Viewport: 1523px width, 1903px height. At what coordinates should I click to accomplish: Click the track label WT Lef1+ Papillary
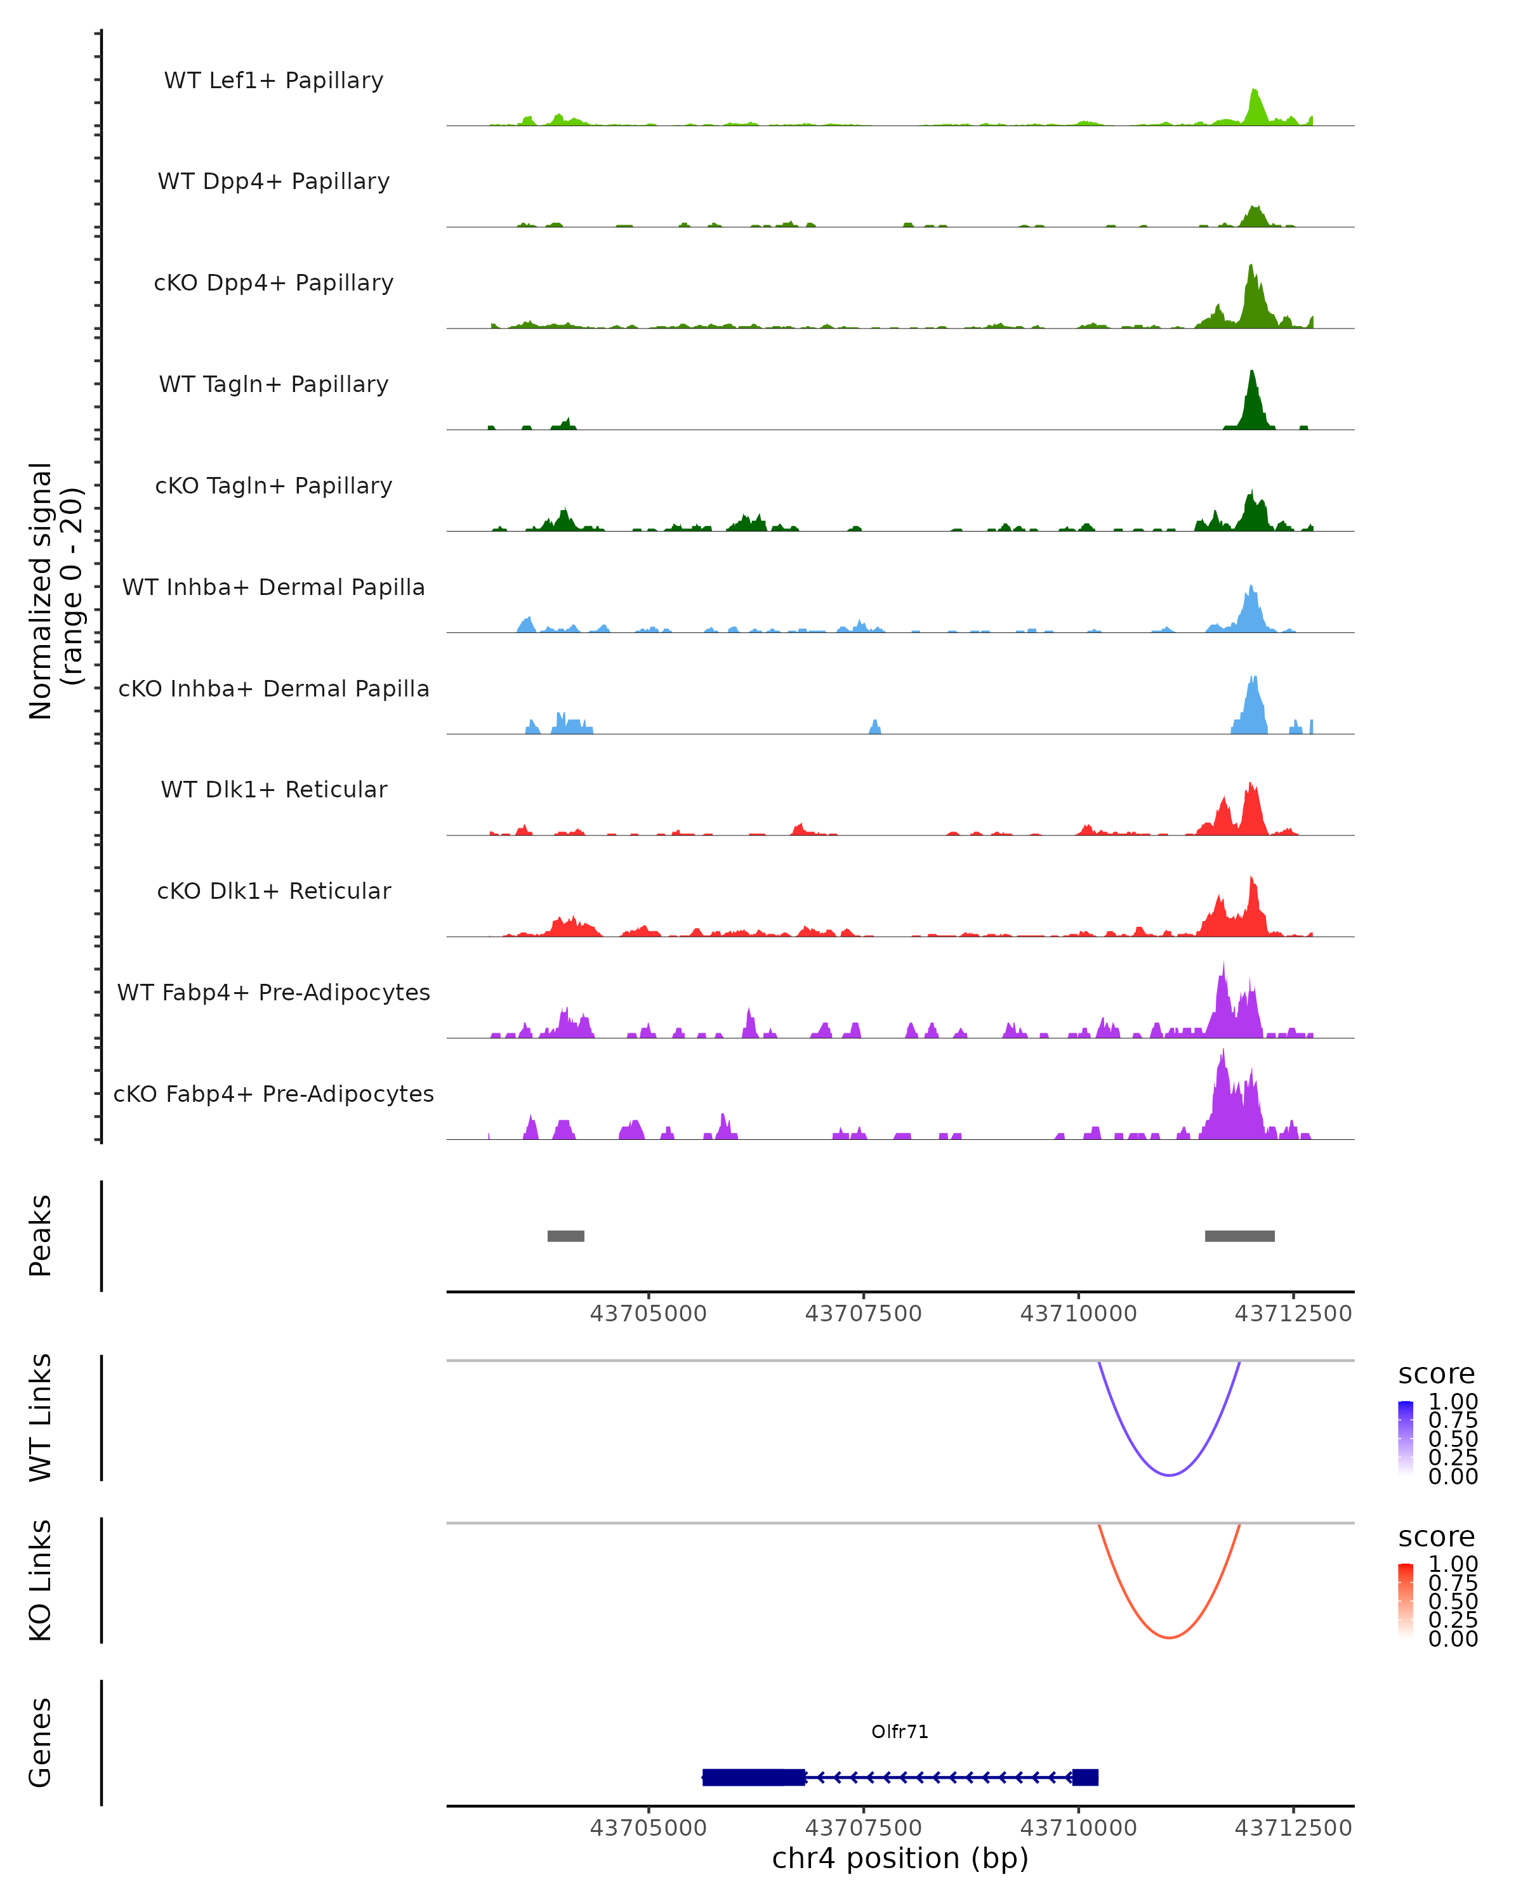click(x=274, y=81)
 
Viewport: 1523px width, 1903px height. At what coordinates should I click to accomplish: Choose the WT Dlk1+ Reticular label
click(x=274, y=790)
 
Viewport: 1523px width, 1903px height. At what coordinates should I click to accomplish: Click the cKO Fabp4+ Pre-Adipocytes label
click(x=274, y=1094)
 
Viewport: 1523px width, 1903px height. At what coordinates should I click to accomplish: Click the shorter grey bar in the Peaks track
click(x=566, y=1236)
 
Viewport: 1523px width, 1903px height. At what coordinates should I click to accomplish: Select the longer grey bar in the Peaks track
click(x=1239, y=1236)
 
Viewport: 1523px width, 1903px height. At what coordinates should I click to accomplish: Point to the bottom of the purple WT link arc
click(x=1169, y=1475)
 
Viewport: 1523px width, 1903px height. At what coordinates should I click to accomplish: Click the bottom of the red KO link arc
click(x=1169, y=1637)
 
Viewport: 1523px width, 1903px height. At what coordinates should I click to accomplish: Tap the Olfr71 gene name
click(x=900, y=1732)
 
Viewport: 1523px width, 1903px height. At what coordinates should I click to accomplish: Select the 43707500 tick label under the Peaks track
click(x=862, y=1314)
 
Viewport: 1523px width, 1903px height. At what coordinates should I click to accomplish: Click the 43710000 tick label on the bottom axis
click(x=1078, y=1828)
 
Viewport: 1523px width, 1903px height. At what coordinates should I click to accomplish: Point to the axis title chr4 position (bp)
click(x=900, y=1858)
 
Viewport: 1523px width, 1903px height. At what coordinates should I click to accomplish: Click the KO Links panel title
click(x=41, y=1581)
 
